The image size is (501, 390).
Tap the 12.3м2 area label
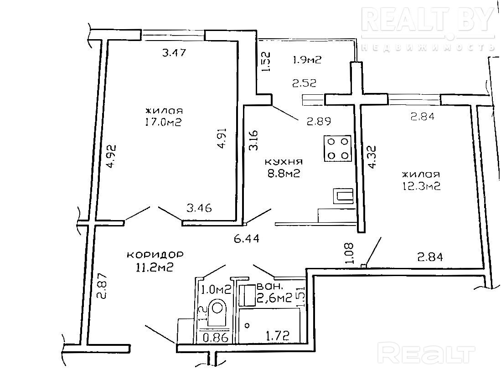coord(421,186)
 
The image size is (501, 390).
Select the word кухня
coord(284,162)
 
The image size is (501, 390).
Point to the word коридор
coord(155,255)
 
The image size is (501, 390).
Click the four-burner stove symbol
coord(338,148)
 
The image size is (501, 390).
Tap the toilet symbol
coord(217,313)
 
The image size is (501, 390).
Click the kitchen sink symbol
coord(343,196)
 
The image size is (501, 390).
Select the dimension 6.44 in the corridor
coord(246,239)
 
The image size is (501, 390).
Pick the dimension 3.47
coord(174,52)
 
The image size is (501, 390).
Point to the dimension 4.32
coord(372,157)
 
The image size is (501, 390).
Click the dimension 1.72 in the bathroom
coord(277,335)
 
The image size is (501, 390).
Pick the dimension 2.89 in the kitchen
coord(319,121)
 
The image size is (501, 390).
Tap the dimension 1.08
coord(350,253)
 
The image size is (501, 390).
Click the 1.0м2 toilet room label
coord(217,290)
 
